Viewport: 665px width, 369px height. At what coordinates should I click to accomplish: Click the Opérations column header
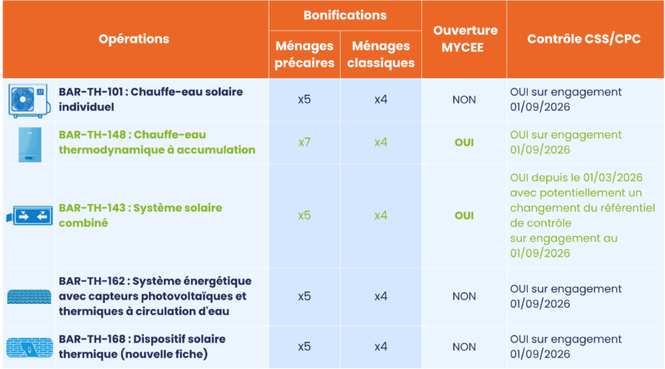point(134,39)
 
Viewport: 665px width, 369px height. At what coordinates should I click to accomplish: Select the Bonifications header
point(345,16)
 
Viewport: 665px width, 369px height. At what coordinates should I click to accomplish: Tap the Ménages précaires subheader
point(305,55)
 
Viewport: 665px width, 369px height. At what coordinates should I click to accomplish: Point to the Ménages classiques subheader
point(381,55)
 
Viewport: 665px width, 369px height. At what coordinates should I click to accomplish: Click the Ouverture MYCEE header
point(464,38)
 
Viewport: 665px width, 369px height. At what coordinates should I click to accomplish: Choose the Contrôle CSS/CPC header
point(584,39)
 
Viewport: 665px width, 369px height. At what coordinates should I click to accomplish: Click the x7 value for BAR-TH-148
point(304,142)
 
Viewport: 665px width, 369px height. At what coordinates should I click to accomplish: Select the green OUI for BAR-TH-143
point(464,215)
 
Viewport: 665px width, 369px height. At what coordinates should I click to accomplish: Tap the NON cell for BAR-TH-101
point(464,100)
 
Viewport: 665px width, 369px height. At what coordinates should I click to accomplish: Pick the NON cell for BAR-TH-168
point(464,347)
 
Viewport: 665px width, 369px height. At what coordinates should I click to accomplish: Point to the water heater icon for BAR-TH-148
point(30,144)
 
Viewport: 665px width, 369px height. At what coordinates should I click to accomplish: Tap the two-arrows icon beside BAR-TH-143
point(30,215)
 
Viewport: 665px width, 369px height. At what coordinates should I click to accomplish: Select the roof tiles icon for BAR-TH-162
point(30,297)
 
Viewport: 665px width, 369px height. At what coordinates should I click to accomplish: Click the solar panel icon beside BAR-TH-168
point(30,348)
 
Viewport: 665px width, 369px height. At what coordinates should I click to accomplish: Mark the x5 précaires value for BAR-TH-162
point(304,297)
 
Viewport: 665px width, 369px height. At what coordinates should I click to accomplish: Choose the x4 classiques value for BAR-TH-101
point(381,100)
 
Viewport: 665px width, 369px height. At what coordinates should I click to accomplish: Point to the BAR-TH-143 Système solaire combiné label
point(140,215)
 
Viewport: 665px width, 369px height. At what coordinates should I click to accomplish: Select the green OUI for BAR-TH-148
point(464,143)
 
